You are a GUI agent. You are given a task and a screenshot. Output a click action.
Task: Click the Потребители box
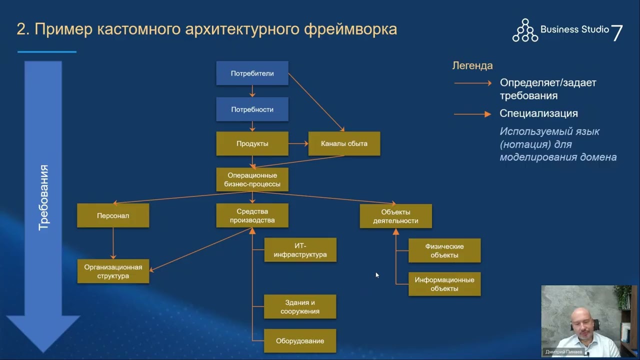(252, 73)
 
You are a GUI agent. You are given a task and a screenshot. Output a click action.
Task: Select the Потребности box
(252, 109)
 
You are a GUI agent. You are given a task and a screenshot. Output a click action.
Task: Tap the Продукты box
(252, 143)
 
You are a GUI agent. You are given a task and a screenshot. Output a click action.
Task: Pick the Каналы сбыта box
(344, 143)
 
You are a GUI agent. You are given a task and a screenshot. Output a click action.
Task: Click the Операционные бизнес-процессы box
(252, 179)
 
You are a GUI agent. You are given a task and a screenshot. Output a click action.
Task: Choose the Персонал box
(113, 215)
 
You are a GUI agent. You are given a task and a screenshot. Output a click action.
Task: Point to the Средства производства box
(252, 215)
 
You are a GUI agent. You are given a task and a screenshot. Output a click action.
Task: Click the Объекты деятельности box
(395, 216)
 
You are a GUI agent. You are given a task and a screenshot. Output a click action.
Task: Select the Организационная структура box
(113, 271)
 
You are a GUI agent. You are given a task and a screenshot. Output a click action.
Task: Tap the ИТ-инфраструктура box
(300, 250)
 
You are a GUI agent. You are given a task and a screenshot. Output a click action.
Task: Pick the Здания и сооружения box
(300, 306)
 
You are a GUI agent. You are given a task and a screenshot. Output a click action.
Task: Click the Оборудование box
(300, 341)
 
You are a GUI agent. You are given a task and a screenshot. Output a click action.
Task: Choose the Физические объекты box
(444, 250)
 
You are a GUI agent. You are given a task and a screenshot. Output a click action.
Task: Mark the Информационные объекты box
(444, 284)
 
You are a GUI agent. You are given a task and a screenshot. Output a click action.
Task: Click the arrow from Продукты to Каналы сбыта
(298, 143)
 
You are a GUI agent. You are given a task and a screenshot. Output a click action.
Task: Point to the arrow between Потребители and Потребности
(252, 91)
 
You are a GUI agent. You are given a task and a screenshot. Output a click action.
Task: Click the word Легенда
(472, 65)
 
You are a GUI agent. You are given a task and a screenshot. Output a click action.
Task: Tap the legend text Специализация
(538, 113)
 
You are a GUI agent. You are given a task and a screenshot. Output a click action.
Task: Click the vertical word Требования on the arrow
(44, 197)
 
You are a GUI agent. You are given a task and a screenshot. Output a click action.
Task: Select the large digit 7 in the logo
(617, 33)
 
